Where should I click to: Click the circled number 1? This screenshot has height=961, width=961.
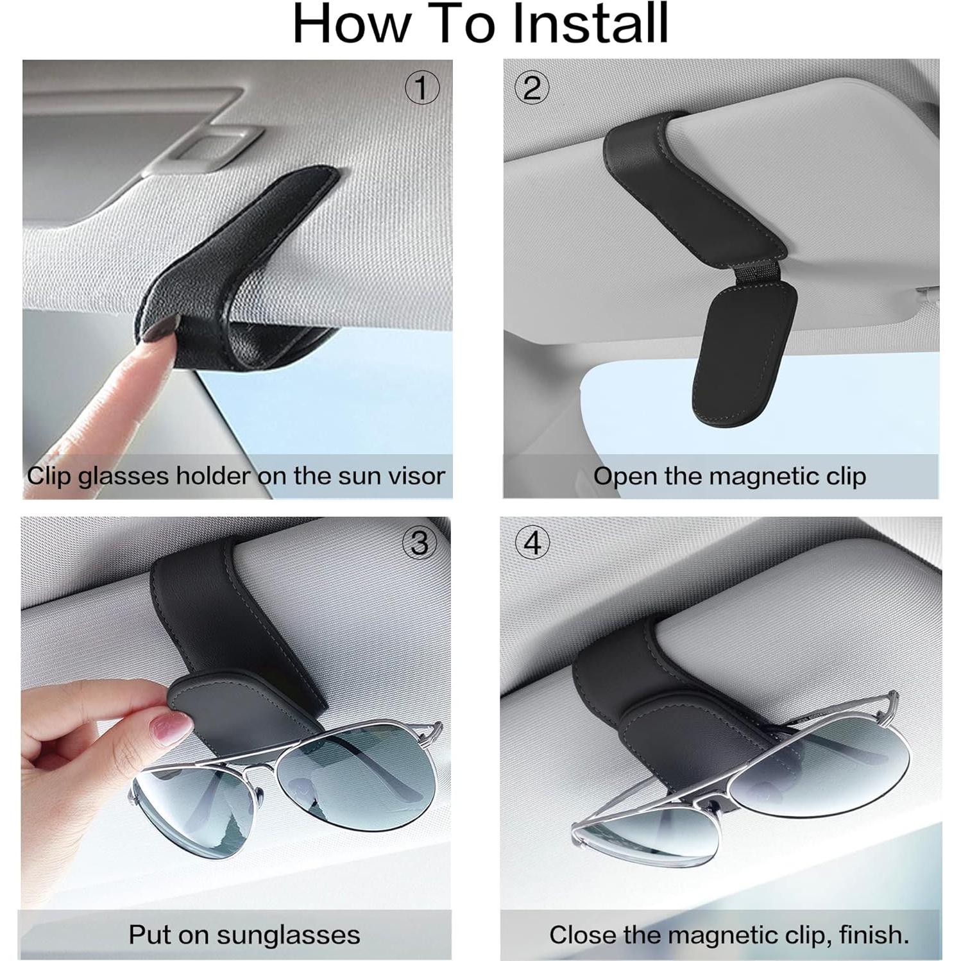(x=422, y=88)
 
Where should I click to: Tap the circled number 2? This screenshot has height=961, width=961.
(x=532, y=88)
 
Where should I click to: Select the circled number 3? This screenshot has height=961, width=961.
(x=420, y=543)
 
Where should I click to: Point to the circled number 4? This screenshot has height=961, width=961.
(x=532, y=543)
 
